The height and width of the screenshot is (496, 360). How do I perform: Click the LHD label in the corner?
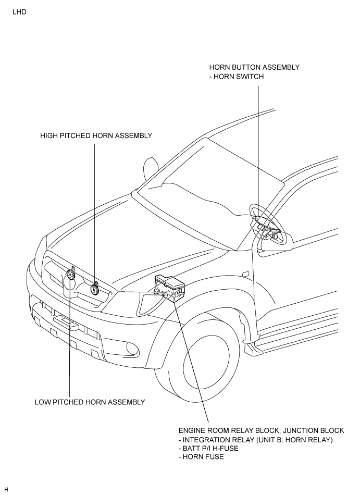19,13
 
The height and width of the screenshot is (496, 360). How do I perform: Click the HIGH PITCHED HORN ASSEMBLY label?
96,135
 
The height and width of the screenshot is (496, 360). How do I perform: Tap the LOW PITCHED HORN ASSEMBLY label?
90,402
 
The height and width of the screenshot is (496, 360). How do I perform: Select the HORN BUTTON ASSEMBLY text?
254,67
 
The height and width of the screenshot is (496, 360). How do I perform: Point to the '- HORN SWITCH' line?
237,77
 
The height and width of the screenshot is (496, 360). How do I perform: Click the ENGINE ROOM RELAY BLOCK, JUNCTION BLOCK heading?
262,430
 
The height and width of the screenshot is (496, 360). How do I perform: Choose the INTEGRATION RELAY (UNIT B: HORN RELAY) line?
256,440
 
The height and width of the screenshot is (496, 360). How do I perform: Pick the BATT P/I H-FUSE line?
208,448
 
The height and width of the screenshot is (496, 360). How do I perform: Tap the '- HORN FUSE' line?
201,457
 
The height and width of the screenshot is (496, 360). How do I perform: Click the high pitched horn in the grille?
94,289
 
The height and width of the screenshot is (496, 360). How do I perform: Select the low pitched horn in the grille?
70,275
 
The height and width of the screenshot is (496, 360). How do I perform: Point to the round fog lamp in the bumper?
132,348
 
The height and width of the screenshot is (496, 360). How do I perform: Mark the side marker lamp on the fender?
245,274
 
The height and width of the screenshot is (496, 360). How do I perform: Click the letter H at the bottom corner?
6,490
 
